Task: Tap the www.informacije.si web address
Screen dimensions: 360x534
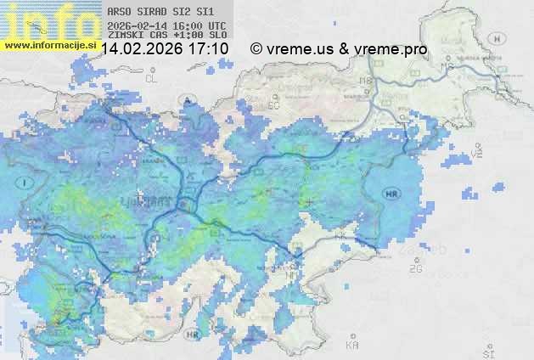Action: (48, 42)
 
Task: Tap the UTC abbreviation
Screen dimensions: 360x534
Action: (217, 25)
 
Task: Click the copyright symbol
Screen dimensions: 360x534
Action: (256, 49)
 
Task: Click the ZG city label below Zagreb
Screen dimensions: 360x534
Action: (415, 269)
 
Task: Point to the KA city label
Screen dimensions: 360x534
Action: (352, 346)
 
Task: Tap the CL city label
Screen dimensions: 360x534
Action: (152, 78)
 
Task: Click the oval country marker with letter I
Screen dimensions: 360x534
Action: (26, 182)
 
